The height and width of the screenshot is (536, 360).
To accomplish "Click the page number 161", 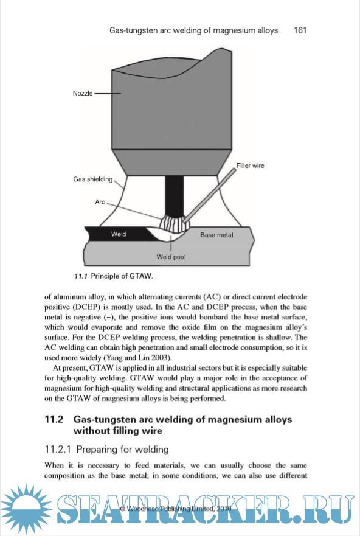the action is point(300,30).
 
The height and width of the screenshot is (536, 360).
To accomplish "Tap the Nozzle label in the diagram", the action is point(83,93).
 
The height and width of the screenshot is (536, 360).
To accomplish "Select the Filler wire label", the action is point(251,165).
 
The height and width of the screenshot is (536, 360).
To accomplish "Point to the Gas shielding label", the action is point(92,179).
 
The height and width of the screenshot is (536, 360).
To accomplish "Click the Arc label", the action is point(100,201).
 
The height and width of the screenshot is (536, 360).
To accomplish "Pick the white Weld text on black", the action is point(119,234).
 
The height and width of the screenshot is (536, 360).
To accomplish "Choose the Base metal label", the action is point(217,235).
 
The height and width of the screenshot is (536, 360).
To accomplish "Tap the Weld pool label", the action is point(171,257).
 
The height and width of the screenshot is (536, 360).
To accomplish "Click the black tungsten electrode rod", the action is point(174,197).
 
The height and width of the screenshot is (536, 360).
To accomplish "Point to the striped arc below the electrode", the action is point(172,224).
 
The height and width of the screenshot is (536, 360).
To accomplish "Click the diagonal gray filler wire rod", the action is point(210,195).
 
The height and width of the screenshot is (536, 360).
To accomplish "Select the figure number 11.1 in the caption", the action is point(81,276).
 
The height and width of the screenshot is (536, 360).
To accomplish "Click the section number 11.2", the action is point(54,419).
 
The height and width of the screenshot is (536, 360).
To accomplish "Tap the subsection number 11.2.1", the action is point(58,449).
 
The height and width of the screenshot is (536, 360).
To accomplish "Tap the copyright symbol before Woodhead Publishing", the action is point(123,509).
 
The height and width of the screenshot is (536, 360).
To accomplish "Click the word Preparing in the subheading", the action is point(95,450).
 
